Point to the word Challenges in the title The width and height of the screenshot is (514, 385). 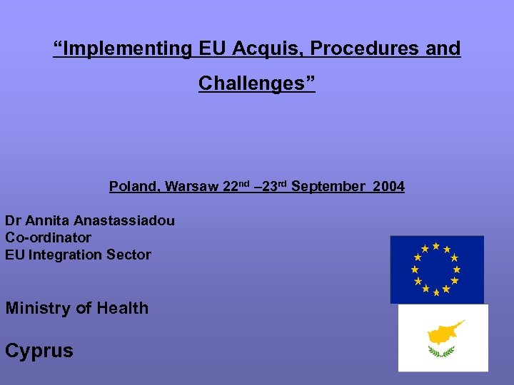point(253,83)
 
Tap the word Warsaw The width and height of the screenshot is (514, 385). point(192,187)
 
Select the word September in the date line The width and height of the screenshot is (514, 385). point(328,187)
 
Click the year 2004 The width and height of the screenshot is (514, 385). point(388,187)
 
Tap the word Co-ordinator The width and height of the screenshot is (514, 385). point(49,237)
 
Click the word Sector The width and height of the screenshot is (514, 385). point(128,255)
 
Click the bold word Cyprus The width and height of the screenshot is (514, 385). point(39,351)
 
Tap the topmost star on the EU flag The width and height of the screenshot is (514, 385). point(436,246)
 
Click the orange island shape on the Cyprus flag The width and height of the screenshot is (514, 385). point(444,332)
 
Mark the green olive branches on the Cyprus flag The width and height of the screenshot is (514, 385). point(441,351)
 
